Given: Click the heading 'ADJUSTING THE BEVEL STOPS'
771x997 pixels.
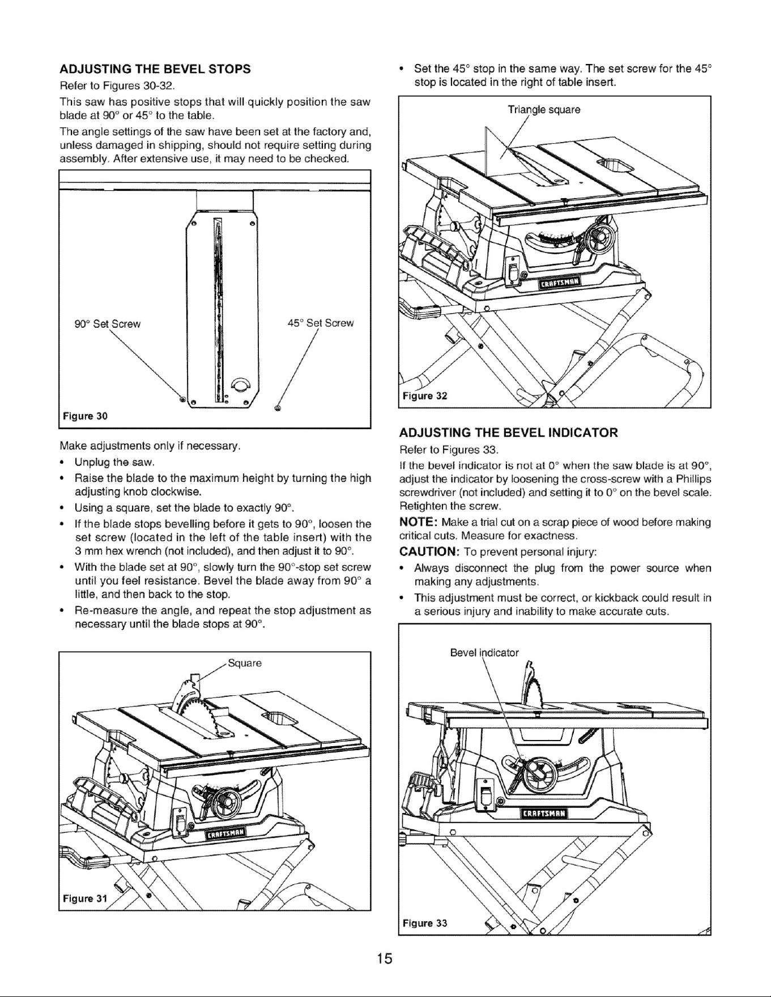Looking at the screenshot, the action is (155, 69).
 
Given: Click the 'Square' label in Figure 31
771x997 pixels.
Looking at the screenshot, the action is (244, 664).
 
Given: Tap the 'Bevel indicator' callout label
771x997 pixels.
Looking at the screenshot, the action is (484, 653).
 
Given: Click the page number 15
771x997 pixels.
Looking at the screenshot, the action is (385, 959).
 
